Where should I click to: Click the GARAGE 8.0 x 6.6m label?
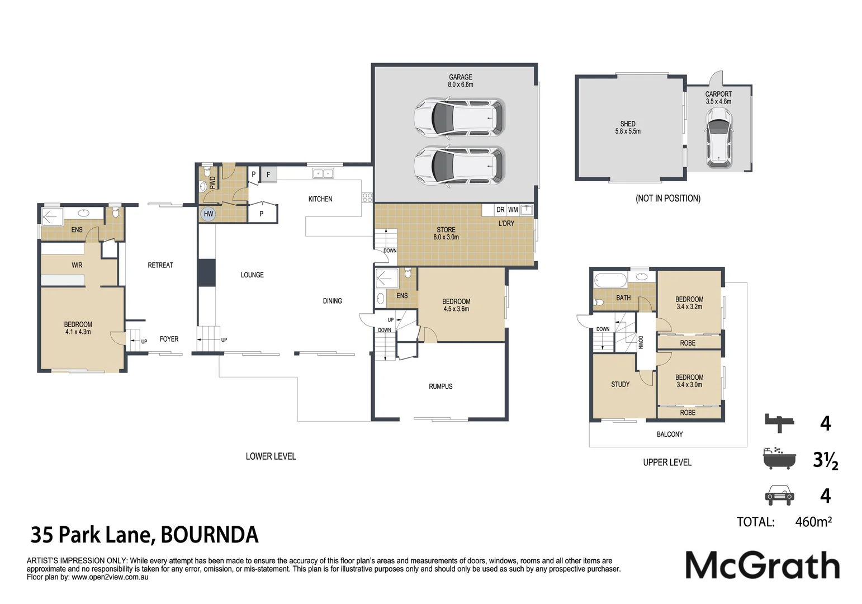coord(460,81)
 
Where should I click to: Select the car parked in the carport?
coord(719,137)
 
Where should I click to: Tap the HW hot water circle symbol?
coord(208,214)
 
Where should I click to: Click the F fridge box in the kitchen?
coord(268,174)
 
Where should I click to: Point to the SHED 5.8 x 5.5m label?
coord(628,128)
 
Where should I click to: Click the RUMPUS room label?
coord(441,386)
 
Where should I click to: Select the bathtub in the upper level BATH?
coord(610,280)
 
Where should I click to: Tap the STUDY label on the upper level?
coord(620,384)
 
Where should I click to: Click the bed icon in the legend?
coord(779,423)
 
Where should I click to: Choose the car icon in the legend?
coord(779,495)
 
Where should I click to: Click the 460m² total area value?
coord(813,522)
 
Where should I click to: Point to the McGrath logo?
coord(762,565)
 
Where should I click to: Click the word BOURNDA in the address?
coord(210,535)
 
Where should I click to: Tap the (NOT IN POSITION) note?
coord(667,199)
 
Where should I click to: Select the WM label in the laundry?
coord(513,210)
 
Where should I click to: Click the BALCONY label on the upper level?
coord(669,434)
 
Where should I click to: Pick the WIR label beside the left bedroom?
coord(77,265)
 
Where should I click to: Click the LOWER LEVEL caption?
coord(271,456)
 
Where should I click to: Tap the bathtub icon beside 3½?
coord(779,458)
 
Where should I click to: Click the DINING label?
coord(332,301)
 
